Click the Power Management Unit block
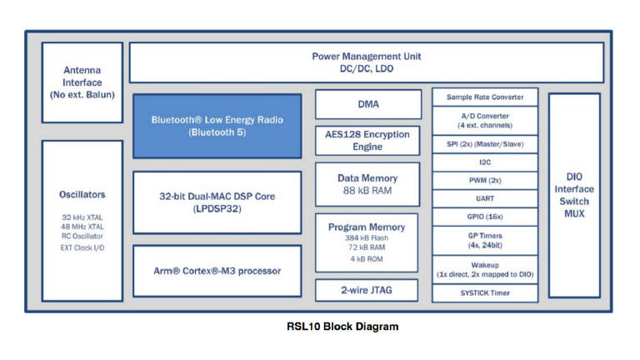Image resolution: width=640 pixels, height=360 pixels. (367, 62)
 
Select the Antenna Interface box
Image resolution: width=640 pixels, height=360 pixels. (82, 82)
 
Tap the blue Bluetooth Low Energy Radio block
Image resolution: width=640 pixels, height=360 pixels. (217, 126)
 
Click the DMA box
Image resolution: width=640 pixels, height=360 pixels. (367, 104)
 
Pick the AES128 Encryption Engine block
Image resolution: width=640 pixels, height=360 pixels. (367, 140)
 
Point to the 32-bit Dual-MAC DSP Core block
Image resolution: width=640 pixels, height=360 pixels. (217, 202)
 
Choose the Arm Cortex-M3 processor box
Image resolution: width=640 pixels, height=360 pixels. (217, 271)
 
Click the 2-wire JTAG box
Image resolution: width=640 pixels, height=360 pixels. (367, 290)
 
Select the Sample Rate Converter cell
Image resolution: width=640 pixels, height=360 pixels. (484, 97)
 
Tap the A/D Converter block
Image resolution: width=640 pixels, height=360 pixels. (484, 120)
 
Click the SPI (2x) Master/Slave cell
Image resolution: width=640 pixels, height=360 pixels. (484, 143)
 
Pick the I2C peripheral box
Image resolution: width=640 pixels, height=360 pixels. (484, 162)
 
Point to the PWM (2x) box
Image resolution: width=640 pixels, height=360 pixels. (484, 180)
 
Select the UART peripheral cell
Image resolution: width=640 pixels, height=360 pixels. (484, 198)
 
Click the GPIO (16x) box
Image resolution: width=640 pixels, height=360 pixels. (484, 217)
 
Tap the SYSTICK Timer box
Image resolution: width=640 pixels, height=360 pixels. (484, 293)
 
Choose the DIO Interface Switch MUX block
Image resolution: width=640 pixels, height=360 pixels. (573, 196)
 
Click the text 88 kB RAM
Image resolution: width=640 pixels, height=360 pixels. (367, 192)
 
